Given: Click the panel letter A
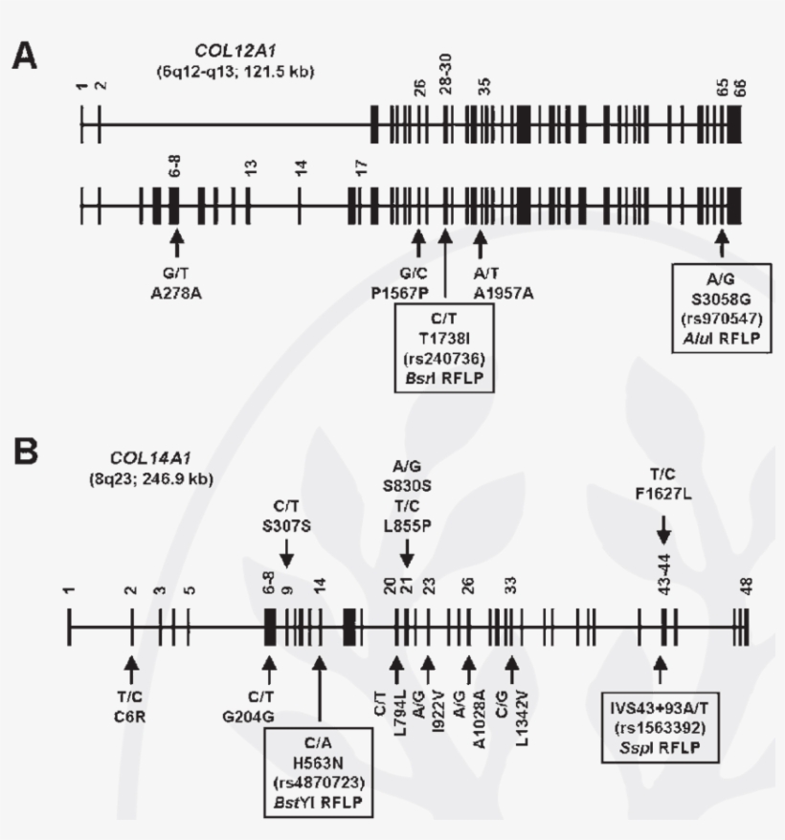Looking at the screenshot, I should coord(25,56).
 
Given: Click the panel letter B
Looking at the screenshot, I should coord(25,452).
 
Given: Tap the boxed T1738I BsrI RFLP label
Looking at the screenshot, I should coord(445,352).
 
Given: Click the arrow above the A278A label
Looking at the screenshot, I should coord(175,235).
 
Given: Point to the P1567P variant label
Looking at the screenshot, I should coord(417,283).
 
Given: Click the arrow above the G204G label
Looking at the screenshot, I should coord(269,664).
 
